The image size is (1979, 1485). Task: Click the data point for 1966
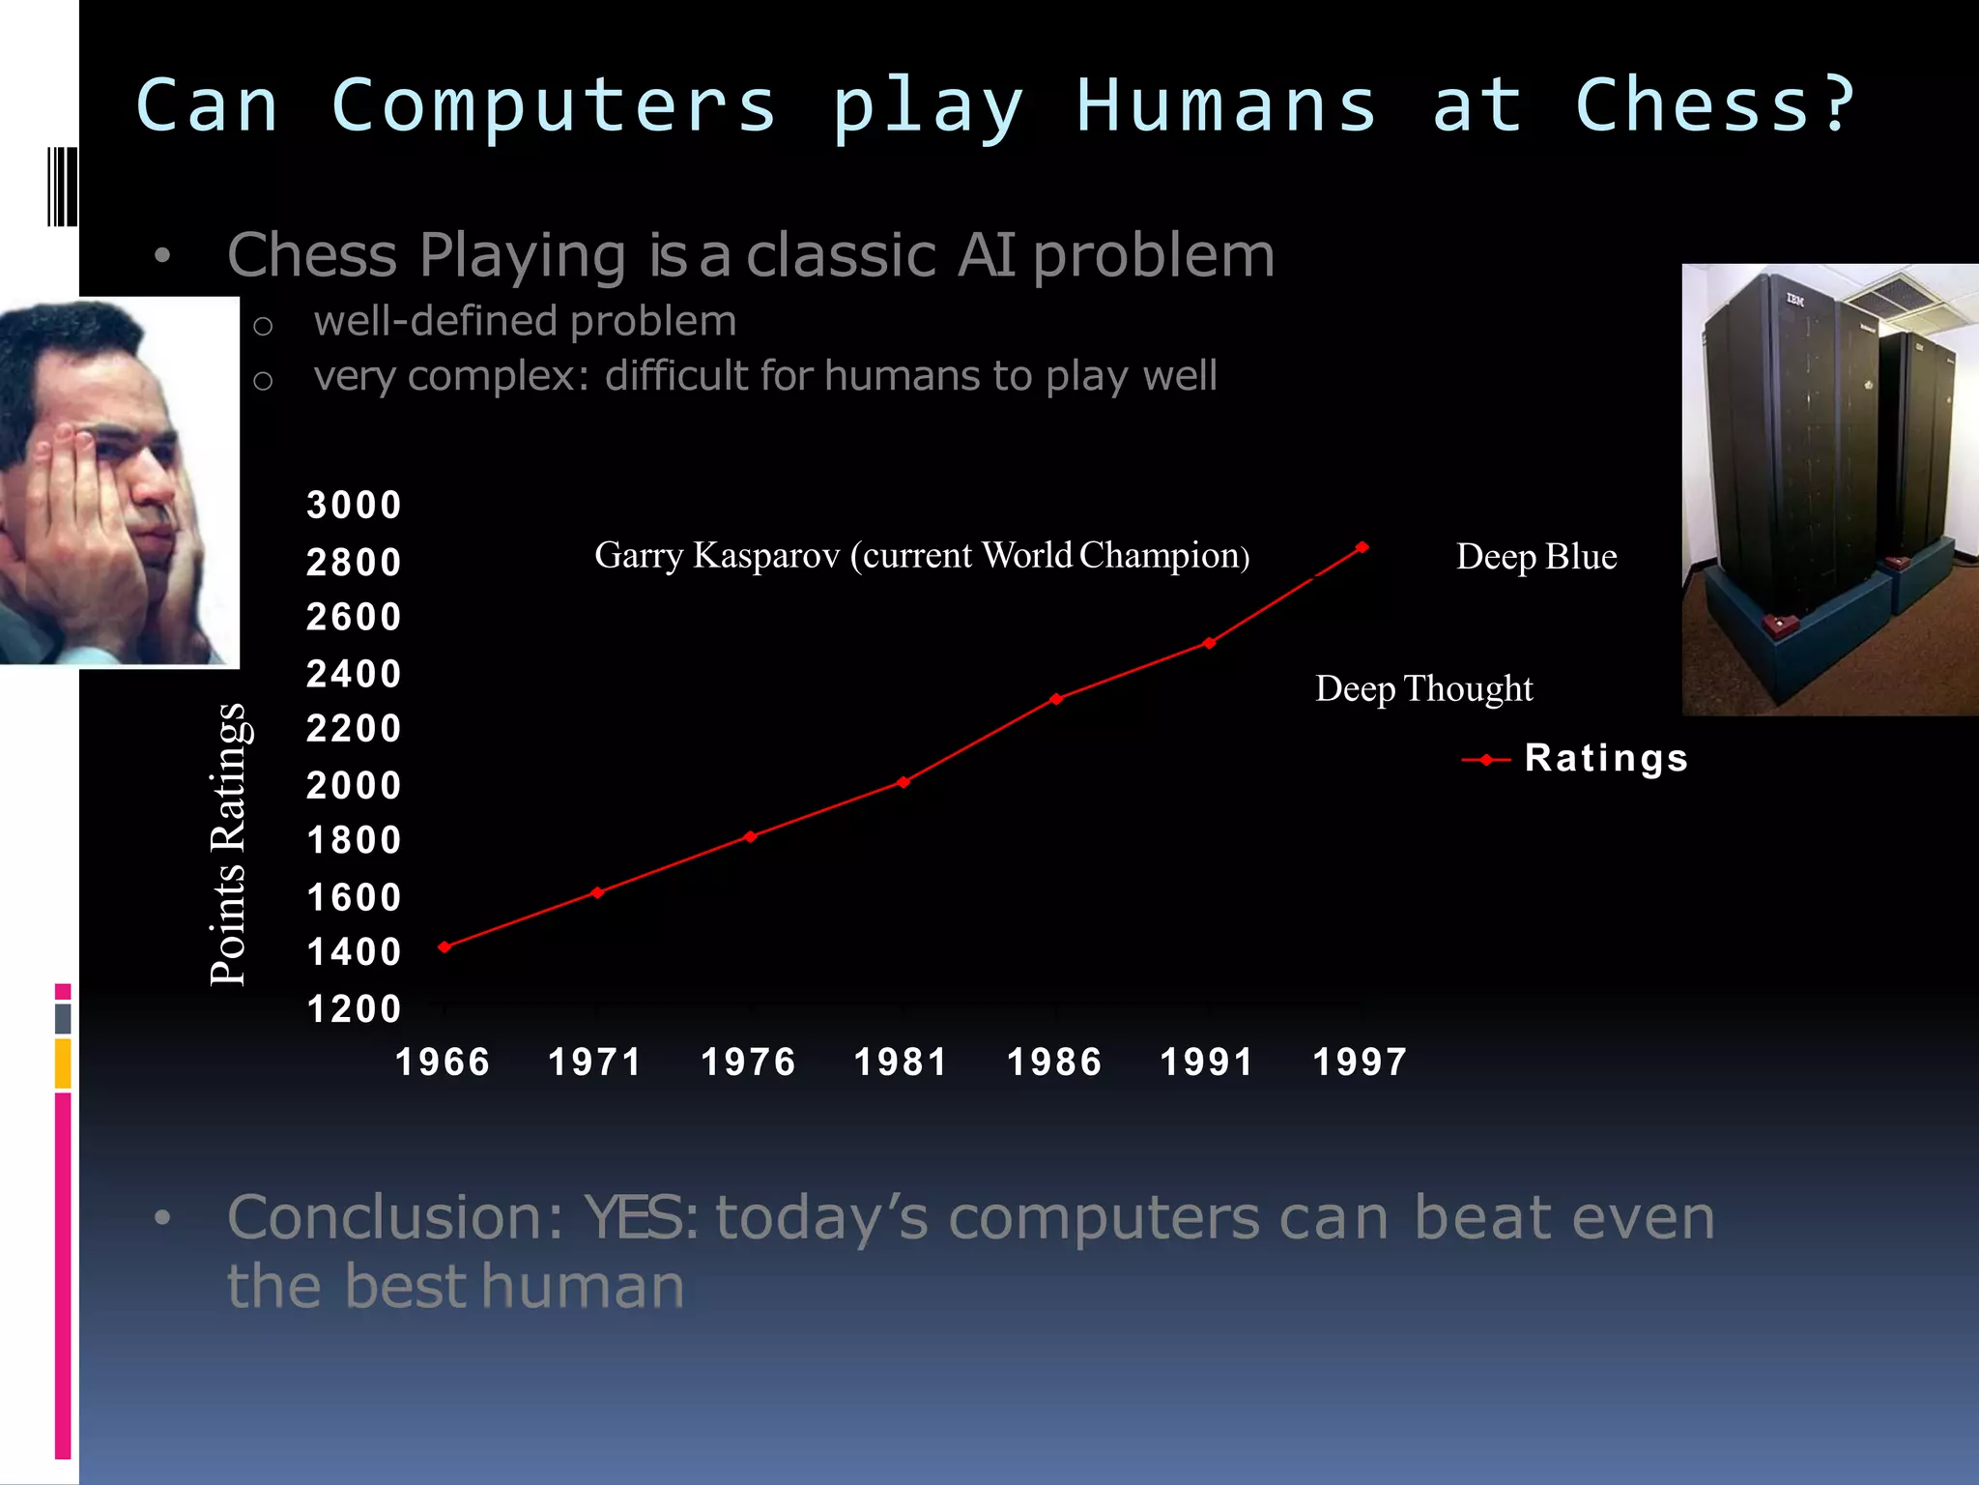coord(445,946)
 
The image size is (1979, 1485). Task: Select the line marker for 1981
coord(903,782)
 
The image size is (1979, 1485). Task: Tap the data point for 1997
coord(1362,547)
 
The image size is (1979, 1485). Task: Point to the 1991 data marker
coord(1210,643)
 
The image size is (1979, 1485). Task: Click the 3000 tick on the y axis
coord(354,506)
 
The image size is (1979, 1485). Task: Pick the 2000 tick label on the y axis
coord(354,785)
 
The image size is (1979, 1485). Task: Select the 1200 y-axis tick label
coord(354,1009)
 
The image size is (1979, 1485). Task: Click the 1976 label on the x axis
coord(748,1063)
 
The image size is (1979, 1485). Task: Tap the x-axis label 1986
coord(1054,1063)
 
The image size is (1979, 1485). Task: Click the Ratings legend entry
coord(1604,758)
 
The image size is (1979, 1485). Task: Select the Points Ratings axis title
coord(228,845)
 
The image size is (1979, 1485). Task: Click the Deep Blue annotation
coord(1536,557)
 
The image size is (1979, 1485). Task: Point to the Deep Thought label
coord(1423,689)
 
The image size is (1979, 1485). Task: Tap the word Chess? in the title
coord(1715,104)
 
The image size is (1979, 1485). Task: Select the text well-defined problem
coord(525,321)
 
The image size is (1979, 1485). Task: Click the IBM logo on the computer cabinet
coord(1794,301)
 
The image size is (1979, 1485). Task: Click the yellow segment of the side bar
coord(63,1063)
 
